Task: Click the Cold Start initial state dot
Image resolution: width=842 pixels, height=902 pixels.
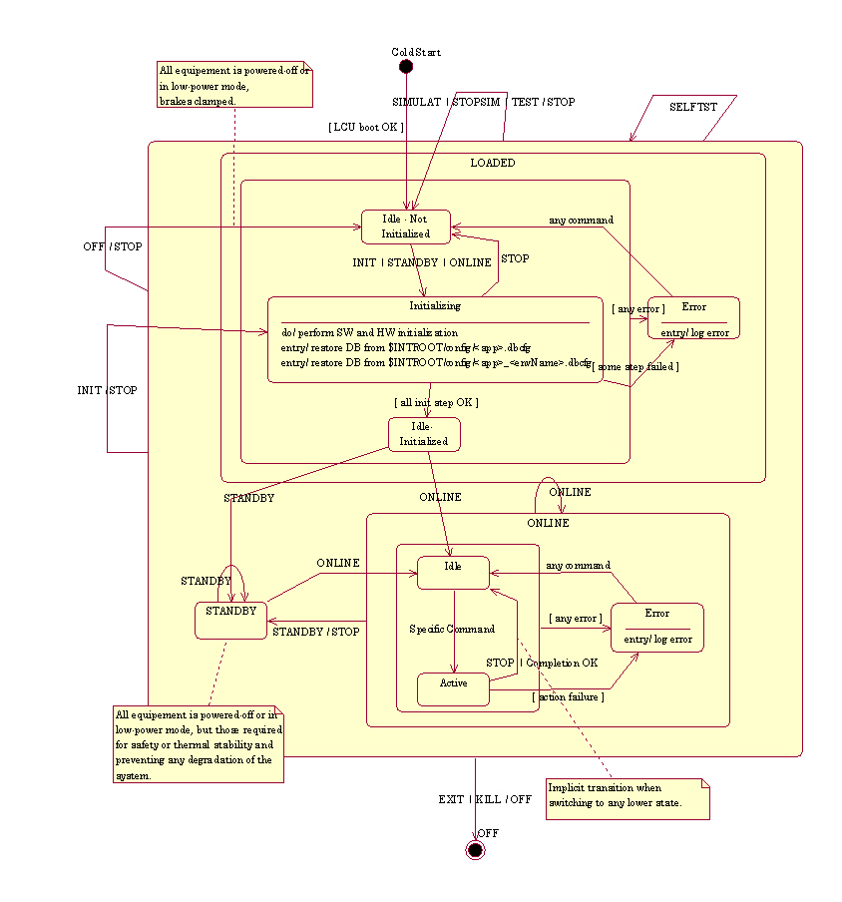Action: pyautogui.click(x=406, y=67)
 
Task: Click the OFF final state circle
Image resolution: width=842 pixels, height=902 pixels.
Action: pyautogui.click(x=475, y=849)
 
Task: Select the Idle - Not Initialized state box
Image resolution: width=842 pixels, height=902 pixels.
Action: pyautogui.click(x=406, y=226)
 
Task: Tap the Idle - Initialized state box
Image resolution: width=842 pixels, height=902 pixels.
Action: pyautogui.click(x=424, y=434)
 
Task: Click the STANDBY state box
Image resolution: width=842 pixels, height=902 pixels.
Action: pyautogui.click(x=231, y=620)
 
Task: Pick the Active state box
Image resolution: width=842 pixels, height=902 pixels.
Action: pyautogui.click(x=454, y=688)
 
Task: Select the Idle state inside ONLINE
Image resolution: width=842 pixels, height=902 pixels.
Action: pyautogui.click(x=453, y=572)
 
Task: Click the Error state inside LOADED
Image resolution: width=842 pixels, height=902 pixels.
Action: pyautogui.click(x=693, y=317)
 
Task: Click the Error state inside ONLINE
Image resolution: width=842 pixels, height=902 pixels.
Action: pyautogui.click(x=656, y=628)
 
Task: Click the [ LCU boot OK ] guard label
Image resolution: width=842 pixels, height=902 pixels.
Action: pyautogui.click(x=366, y=127)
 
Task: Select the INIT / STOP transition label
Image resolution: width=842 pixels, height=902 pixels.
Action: pyautogui.click(x=107, y=390)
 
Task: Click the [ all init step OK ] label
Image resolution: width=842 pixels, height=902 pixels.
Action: pyautogui.click(x=436, y=402)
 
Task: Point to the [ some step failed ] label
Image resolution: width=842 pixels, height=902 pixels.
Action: pyautogui.click(x=635, y=367)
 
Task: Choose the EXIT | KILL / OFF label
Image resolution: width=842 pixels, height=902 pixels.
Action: pyautogui.click(x=485, y=799)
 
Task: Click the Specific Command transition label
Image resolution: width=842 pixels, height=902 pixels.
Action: pyautogui.click(x=452, y=630)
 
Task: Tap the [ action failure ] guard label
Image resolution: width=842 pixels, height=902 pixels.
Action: pyautogui.click(x=568, y=696)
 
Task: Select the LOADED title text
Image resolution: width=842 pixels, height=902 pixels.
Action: pyautogui.click(x=493, y=163)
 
